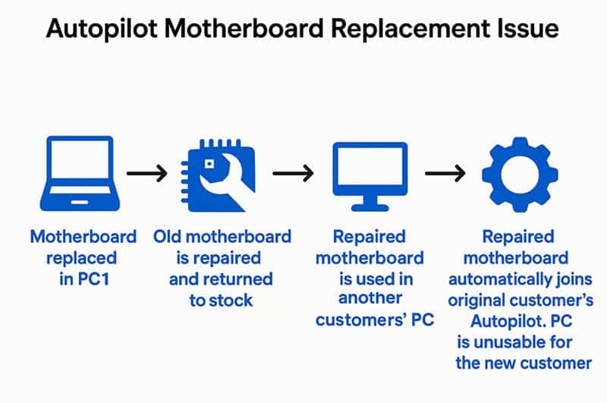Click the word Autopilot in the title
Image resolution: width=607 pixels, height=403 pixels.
tap(102, 29)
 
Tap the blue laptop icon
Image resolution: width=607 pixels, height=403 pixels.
tap(80, 174)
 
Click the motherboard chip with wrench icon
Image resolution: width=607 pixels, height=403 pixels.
tap(218, 175)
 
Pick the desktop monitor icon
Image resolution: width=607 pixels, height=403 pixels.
tap(370, 176)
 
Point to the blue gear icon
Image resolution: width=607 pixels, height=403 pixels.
tap(520, 175)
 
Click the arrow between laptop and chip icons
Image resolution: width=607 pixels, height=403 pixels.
tap(147, 173)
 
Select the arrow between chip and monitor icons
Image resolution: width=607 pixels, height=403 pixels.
tap(293, 173)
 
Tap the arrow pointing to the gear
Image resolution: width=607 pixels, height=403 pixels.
tap(445, 173)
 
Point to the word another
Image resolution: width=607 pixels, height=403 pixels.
tap(370, 298)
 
